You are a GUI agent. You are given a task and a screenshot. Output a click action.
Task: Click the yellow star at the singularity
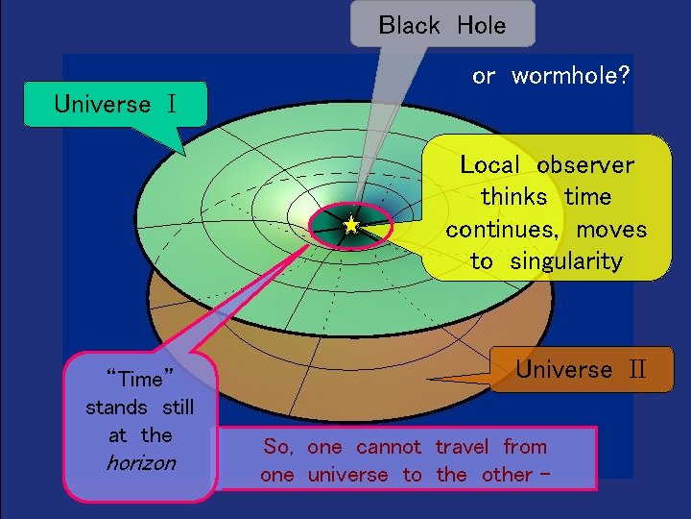(x=351, y=225)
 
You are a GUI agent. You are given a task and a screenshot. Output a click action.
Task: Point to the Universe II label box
(x=583, y=370)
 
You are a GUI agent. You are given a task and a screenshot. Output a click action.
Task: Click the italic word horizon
(x=141, y=463)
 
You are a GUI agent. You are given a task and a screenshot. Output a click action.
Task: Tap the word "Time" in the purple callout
(x=141, y=379)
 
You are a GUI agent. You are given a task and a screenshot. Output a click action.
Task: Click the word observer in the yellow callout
(x=585, y=165)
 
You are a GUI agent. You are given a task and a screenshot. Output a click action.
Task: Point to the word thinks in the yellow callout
(x=516, y=197)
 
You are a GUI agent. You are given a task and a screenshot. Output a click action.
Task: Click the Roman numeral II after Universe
(x=638, y=370)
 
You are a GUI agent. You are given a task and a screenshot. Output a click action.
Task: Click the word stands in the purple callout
(x=116, y=408)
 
